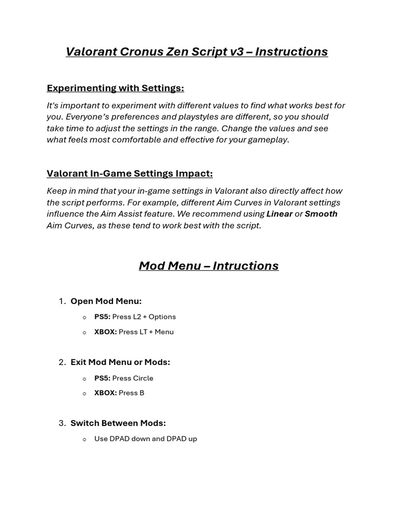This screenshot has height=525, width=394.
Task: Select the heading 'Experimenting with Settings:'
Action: click(x=115, y=88)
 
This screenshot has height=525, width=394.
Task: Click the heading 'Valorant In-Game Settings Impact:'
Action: click(x=130, y=174)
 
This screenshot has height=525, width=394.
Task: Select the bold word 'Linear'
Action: click(x=280, y=214)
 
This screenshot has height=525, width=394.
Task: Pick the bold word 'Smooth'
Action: click(x=321, y=214)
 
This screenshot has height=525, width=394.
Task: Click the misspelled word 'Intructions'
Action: click(x=246, y=266)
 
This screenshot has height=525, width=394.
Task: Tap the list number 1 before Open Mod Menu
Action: click(x=62, y=301)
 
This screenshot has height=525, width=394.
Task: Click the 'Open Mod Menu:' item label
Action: click(x=106, y=301)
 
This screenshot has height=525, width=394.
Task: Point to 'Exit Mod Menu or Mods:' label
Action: click(x=121, y=362)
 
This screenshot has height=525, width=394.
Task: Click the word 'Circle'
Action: click(x=143, y=378)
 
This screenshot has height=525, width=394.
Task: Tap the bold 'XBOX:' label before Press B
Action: click(x=106, y=393)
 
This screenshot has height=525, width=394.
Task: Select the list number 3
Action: click(x=62, y=423)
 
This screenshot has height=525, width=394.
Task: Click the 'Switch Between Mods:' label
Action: click(x=119, y=423)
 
